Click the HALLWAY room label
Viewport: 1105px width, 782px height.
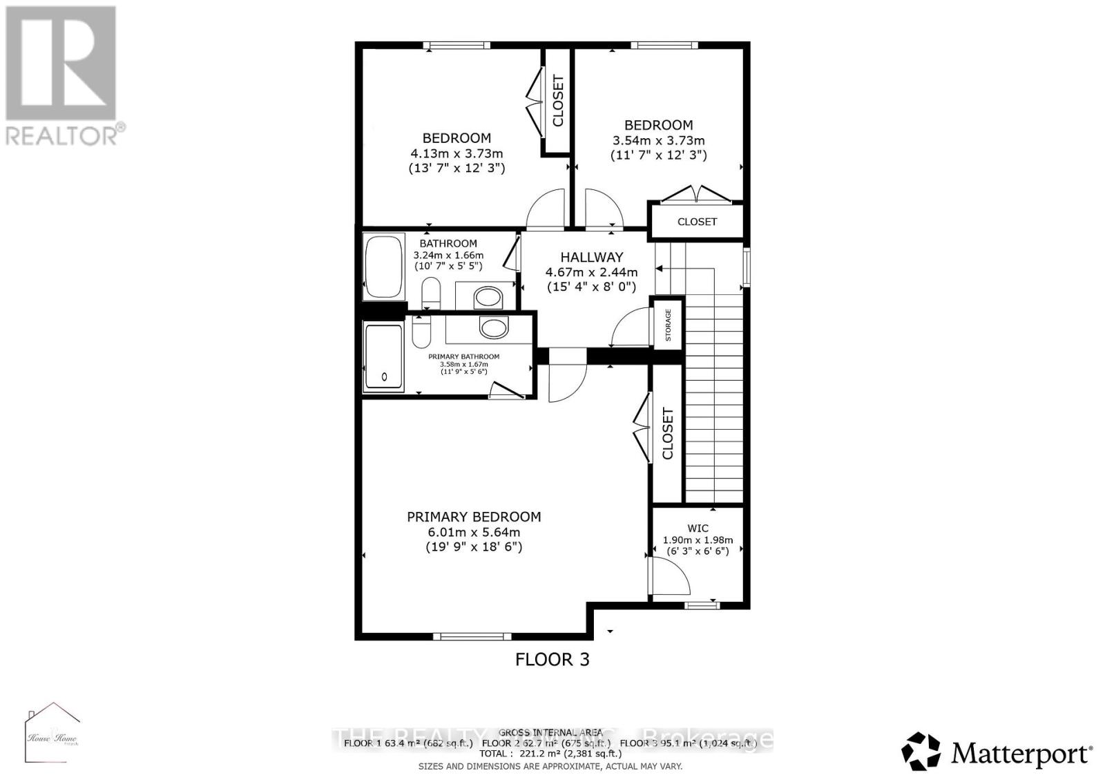click(591, 257)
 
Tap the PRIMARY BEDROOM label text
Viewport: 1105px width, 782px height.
click(474, 517)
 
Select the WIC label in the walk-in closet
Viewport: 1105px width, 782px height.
click(698, 528)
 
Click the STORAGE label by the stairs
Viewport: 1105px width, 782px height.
click(668, 324)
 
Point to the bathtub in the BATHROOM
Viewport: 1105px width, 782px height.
click(384, 267)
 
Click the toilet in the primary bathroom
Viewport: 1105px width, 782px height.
click(421, 332)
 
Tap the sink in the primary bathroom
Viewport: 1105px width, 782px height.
click(493, 327)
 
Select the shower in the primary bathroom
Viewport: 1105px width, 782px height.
click(383, 358)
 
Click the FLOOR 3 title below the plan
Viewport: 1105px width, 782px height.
click(552, 660)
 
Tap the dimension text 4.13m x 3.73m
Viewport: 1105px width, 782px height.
click(457, 153)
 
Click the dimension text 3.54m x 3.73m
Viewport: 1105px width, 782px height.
click(658, 140)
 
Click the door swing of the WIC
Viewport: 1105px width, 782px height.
click(670, 578)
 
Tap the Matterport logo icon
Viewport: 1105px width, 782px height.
click(921, 752)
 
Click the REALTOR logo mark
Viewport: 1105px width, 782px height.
click(61, 64)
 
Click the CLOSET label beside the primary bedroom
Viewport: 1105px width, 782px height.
click(668, 434)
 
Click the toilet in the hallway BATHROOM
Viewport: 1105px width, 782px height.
click(431, 293)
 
